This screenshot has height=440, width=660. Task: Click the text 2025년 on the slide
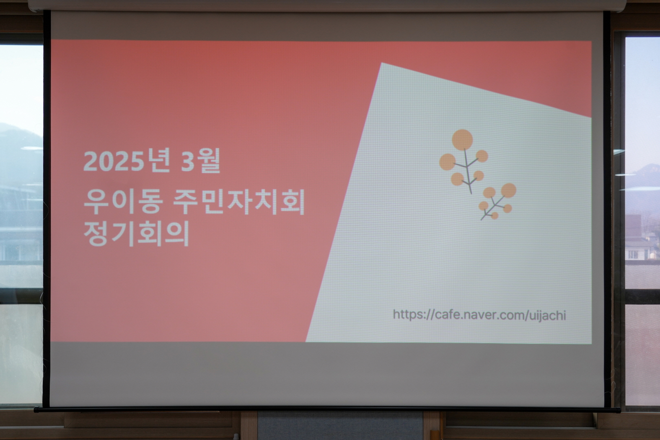[127, 161]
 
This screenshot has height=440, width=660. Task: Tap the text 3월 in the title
[201, 161]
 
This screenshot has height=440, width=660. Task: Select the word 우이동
[123, 203]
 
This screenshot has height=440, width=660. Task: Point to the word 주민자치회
[239, 203]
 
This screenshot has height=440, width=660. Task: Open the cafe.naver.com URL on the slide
[480, 315]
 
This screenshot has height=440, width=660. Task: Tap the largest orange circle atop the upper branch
[462, 140]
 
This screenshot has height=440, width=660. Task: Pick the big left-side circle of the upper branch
[448, 162]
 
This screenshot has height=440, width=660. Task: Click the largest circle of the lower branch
[508, 190]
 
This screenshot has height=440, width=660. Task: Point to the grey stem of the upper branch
[467, 171]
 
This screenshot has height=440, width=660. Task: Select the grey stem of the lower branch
[493, 208]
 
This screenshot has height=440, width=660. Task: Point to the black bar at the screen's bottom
[327, 409]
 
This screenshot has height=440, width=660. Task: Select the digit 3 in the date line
[187, 161]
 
